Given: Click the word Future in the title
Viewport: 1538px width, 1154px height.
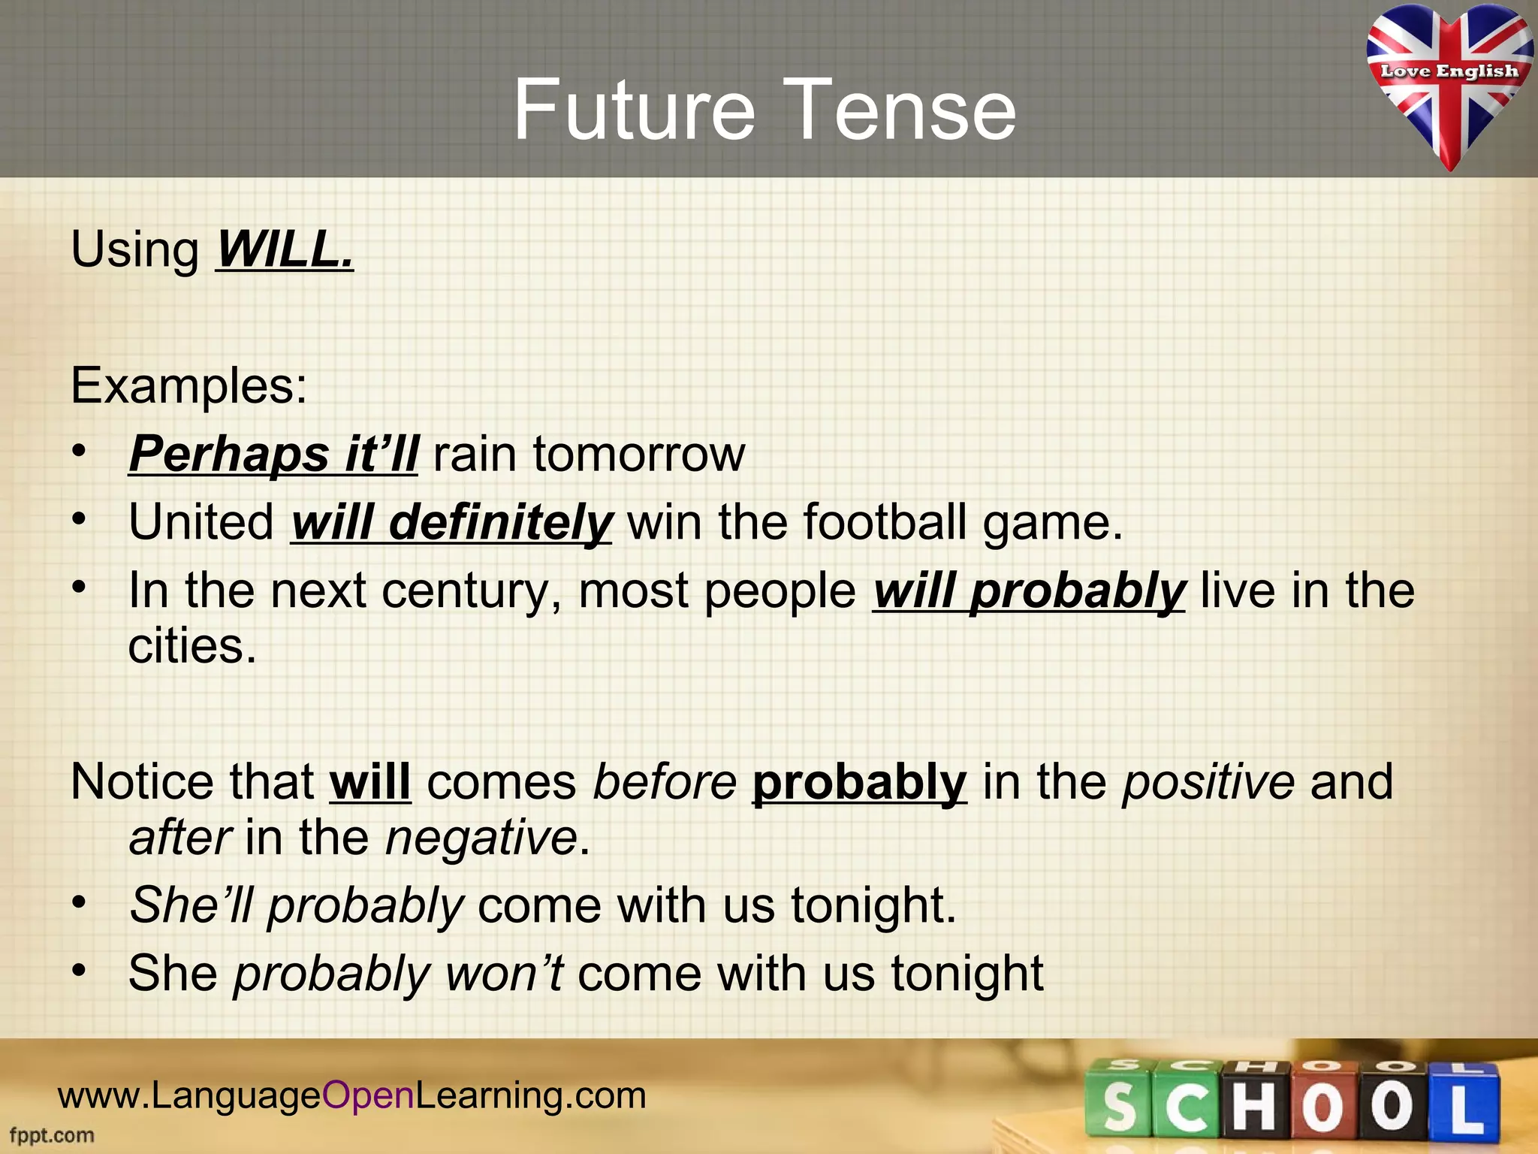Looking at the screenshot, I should click(633, 110).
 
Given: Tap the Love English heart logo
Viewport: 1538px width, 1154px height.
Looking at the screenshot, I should click(1449, 83).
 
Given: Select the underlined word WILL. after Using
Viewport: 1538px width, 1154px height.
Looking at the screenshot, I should click(285, 249).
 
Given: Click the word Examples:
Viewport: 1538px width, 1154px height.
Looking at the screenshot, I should click(188, 386).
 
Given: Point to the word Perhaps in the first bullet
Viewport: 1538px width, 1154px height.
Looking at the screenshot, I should click(228, 455).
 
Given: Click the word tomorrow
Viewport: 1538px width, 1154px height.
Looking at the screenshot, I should click(638, 455).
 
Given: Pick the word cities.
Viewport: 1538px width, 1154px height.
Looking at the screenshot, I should click(192, 646).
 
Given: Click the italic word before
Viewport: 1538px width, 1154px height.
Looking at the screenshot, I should click(665, 782).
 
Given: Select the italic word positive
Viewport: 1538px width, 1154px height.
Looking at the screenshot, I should click(1208, 782).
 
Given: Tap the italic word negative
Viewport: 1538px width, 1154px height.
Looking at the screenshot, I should click(481, 838).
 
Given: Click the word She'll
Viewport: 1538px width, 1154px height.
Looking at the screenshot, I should click(192, 905).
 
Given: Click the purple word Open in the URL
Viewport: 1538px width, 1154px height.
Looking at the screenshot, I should click(368, 1095).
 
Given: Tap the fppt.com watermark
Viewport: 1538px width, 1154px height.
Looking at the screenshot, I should click(52, 1134).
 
